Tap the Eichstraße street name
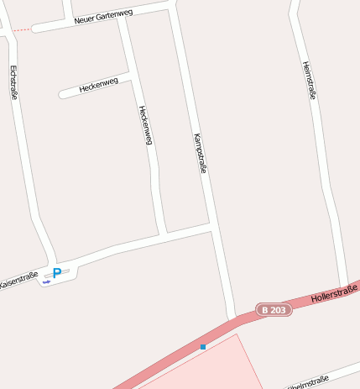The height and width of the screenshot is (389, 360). (x=14, y=82)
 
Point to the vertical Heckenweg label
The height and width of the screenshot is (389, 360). (x=145, y=124)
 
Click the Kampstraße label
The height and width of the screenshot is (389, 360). (x=200, y=152)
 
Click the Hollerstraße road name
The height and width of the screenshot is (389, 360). (x=333, y=293)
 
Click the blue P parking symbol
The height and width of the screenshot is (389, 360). (x=57, y=272)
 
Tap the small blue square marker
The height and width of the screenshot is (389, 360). (x=203, y=346)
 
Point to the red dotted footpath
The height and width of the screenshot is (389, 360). (x=22, y=30)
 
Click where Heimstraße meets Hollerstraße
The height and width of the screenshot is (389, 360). (x=344, y=286)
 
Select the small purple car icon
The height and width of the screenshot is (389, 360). (x=47, y=281)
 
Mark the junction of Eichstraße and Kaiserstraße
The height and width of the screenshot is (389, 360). (x=52, y=262)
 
